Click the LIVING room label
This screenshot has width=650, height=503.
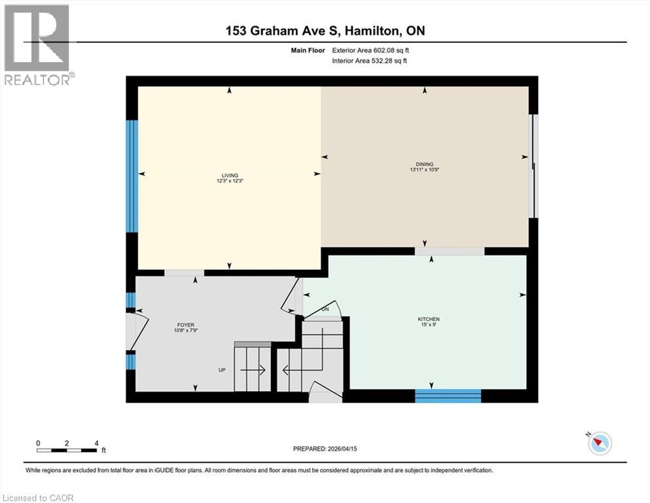(229, 175)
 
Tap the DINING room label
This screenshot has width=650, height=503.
(424, 164)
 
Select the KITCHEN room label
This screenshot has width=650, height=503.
(424, 320)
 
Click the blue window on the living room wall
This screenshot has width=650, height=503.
(132, 176)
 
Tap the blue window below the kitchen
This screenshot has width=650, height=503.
(448, 396)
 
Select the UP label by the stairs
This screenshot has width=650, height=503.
(222, 370)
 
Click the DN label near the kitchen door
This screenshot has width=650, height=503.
(325, 310)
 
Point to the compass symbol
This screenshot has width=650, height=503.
(599, 443)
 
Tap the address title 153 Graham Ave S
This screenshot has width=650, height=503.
(325, 31)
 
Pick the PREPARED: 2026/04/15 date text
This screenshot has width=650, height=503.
(325, 449)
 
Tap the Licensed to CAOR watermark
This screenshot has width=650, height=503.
(39, 498)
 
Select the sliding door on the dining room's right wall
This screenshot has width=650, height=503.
(534, 166)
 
